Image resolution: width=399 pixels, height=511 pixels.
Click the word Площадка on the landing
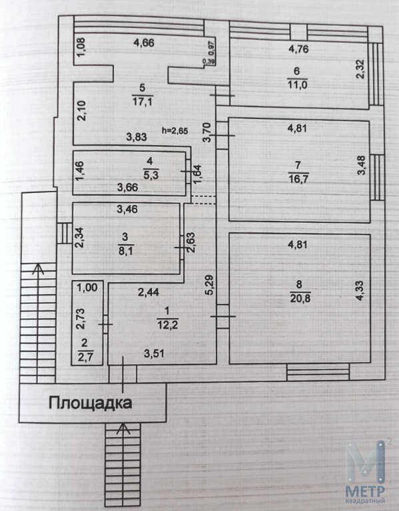coord(91,403)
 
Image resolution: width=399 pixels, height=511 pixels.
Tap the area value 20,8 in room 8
coord(299,298)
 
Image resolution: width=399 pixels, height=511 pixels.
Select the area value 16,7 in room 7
coord(298,179)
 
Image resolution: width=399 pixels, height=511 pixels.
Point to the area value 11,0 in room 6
coord(297,85)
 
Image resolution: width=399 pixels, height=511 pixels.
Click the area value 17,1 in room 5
coord(143,101)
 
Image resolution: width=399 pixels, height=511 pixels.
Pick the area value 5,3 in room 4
coord(151,175)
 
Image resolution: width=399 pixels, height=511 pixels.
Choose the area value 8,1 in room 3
coord(126,251)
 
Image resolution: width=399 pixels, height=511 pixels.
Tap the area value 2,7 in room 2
coord(85,357)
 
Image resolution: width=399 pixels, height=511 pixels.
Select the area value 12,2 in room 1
coord(168,325)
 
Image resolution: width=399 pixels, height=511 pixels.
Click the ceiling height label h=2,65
coord(175,131)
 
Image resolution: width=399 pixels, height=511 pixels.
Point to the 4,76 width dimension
coord(298,49)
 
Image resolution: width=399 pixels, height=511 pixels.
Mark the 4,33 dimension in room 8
coord(360,290)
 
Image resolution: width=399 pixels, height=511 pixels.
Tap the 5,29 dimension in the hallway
coord(209,285)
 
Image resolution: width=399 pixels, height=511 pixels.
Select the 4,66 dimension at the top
coord(144,43)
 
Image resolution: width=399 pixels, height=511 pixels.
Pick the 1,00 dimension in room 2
coord(87,287)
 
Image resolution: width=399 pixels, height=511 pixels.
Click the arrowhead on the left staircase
coord(39,269)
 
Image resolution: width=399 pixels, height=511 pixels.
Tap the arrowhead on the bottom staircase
coord(123,428)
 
